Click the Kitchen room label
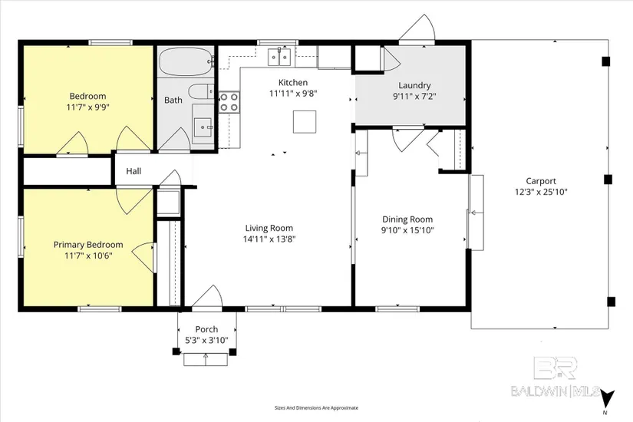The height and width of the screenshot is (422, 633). pos(293,82)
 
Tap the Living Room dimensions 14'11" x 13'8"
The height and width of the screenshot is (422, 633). pos(269,239)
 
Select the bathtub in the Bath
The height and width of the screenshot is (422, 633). pos(186,62)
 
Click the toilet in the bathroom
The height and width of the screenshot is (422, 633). pos(201,91)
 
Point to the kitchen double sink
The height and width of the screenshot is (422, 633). pos(279,57)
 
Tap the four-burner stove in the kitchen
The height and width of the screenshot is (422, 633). pos(229,102)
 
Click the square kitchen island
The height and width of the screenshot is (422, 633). pos(305,121)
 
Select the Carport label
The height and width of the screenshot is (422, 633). pos(541,181)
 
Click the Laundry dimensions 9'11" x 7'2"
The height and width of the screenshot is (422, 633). pos(414,97)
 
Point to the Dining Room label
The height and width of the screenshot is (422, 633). pos(407,219)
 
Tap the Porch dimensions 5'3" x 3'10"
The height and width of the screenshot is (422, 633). pos(206,341)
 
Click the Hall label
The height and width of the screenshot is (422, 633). pos(134,171)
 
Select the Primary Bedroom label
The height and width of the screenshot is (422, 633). pos(88,245)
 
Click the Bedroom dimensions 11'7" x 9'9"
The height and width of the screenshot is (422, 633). pos(88,107)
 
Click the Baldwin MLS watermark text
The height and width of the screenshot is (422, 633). pos(556,391)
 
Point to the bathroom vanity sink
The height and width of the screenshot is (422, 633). pos(203,127)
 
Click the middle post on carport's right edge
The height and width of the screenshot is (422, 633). pos(608,180)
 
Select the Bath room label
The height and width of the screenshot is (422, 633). pos(173,101)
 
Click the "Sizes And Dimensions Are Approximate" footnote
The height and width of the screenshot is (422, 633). pos(316,408)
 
